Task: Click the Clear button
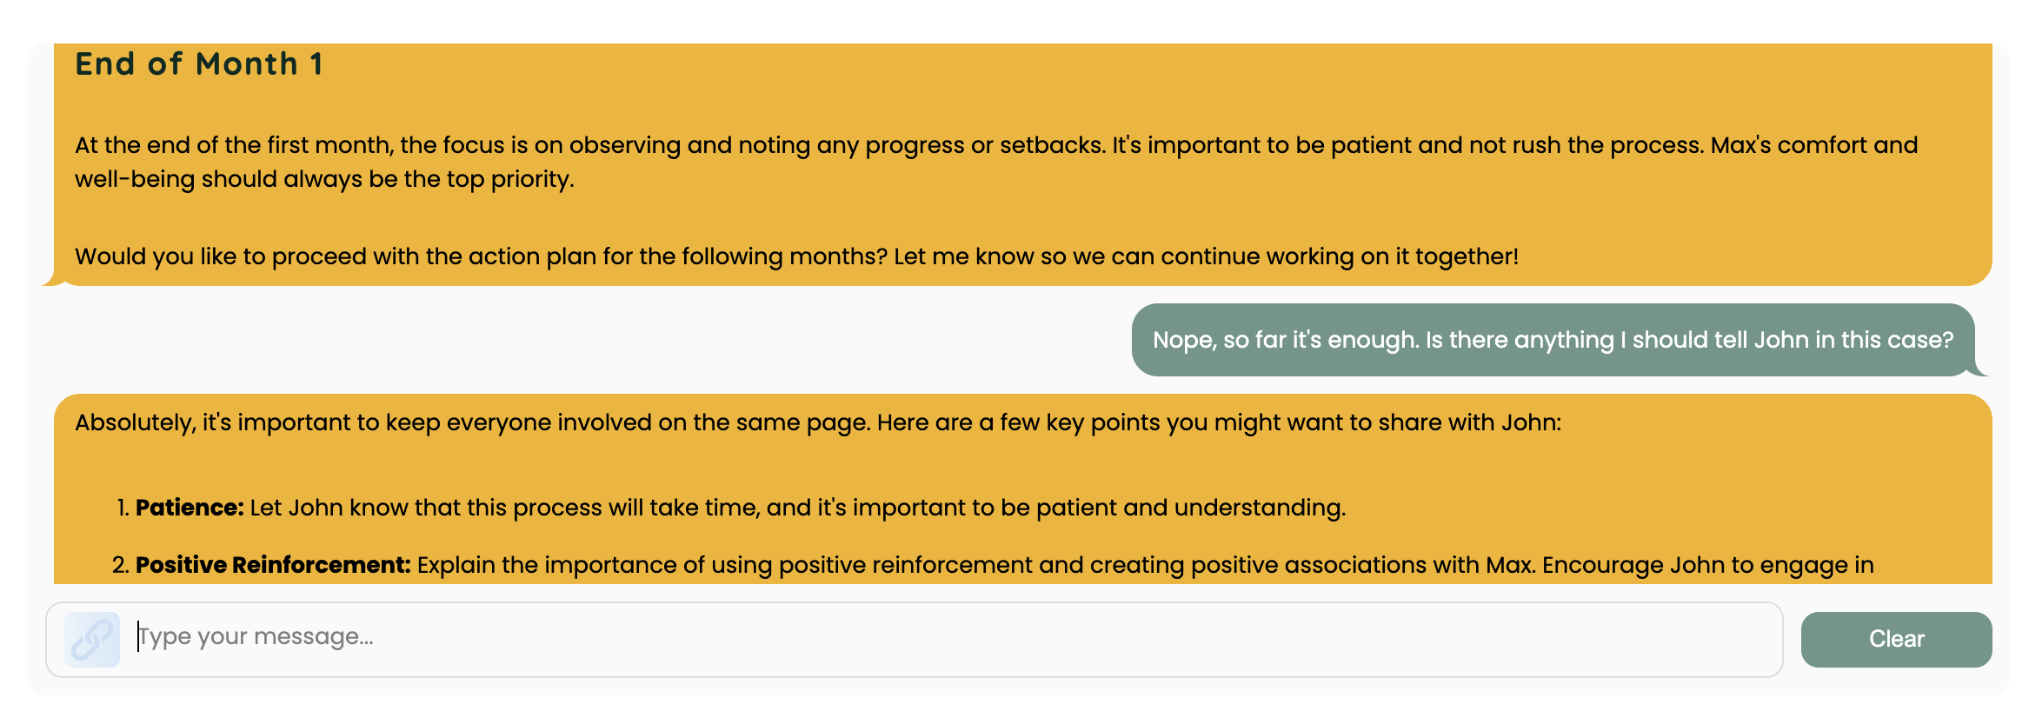coord(1896,639)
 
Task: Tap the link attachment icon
coord(92,640)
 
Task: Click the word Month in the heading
coord(247,64)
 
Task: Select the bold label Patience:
coord(190,508)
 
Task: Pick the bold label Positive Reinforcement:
coord(273,565)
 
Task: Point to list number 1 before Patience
coord(122,508)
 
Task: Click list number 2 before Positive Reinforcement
coord(120,565)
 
